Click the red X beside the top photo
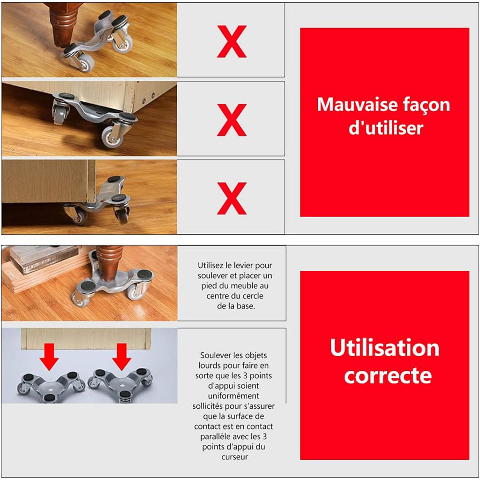coord(232,41)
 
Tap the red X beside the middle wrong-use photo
coord(232,120)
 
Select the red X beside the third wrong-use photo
coord(232,198)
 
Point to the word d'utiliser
coord(386,127)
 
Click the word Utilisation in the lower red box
coord(384,348)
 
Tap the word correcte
coord(388,375)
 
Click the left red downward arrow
coord(49,357)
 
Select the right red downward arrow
coord(121,357)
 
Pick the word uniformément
coord(233,396)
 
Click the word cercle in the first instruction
coord(252,296)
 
